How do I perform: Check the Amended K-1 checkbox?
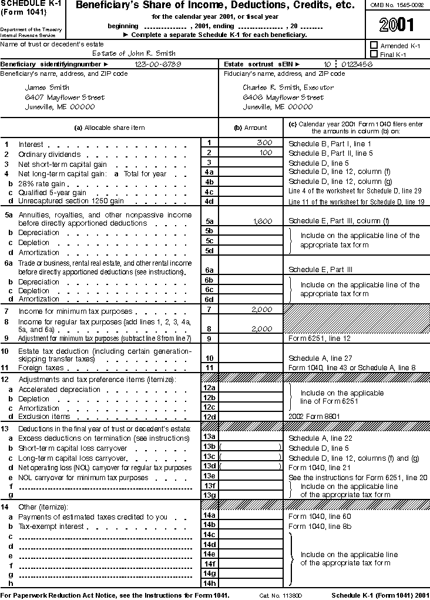374,45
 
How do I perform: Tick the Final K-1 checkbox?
374,54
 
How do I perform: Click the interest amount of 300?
264,143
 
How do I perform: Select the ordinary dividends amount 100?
266,153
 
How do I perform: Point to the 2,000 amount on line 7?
261,309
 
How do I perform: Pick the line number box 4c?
209,192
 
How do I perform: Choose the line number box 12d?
209,417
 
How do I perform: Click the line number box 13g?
209,495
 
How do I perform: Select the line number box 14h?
209,583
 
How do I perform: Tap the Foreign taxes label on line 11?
41,368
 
